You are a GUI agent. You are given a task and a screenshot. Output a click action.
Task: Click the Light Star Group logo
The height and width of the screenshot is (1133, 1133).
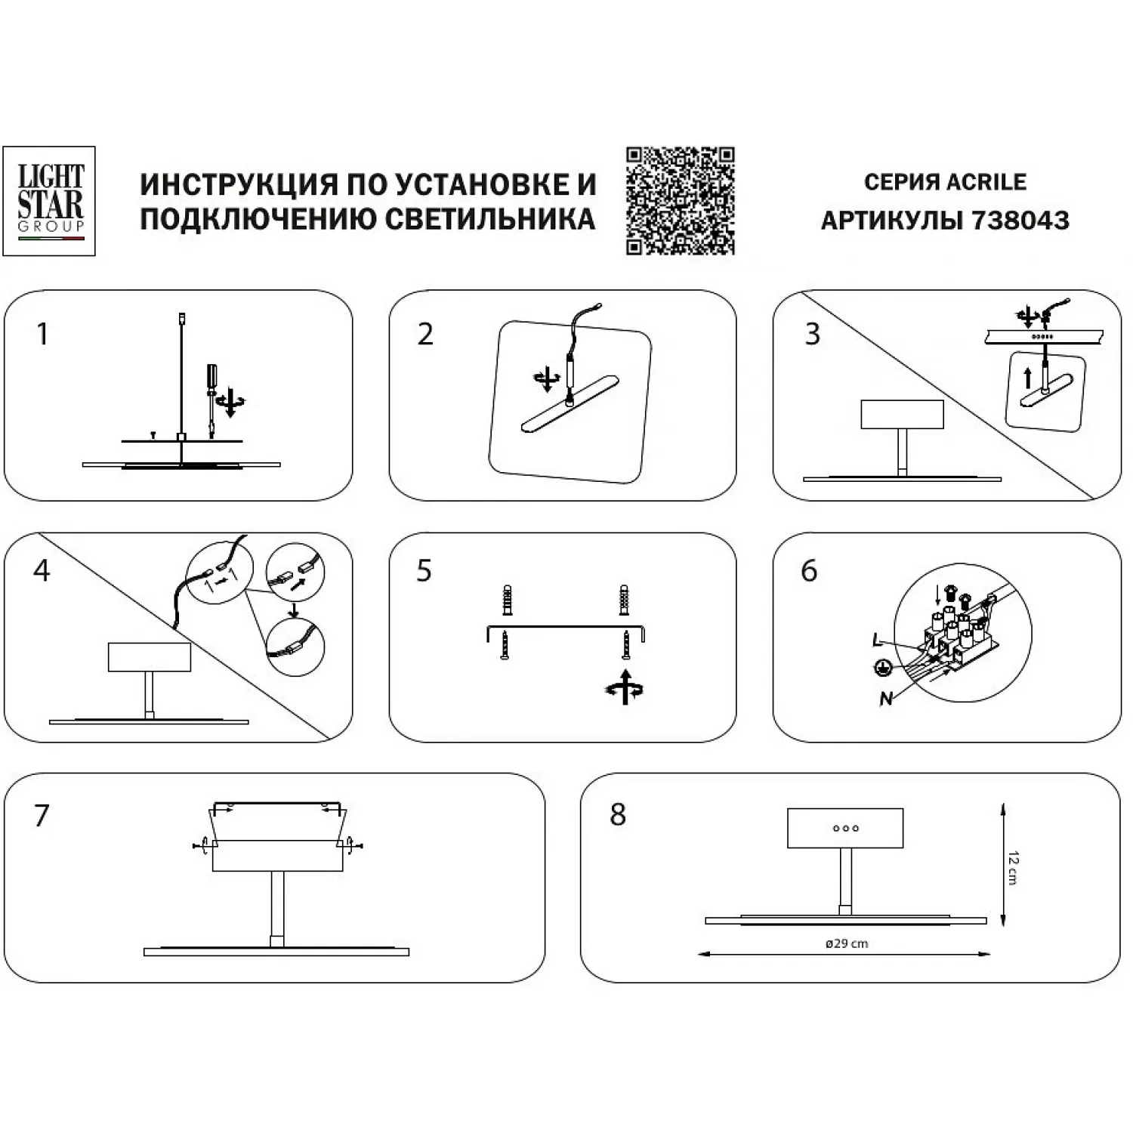point(49,201)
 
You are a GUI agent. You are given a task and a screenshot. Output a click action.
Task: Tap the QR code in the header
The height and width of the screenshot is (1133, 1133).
point(680,201)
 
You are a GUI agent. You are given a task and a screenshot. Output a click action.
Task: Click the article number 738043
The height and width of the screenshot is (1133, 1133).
point(1020,221)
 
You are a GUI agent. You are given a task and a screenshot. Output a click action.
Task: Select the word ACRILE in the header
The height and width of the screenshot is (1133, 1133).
point(986,182)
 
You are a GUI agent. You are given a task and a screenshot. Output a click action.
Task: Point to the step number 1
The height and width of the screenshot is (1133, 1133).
point(43,334)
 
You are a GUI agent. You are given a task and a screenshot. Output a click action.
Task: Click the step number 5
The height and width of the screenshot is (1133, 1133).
point(424,571)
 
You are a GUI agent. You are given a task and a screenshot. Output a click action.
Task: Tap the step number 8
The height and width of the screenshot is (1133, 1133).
point(618,815)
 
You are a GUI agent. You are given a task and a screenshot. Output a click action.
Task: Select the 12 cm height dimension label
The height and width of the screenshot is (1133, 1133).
point(1013,868)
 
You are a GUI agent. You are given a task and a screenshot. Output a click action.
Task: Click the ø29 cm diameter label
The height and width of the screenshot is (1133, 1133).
point(847,943)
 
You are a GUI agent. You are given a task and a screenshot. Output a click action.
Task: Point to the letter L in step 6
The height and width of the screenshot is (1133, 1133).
point(877,641)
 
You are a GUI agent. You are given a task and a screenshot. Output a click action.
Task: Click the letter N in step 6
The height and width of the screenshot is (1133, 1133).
point(886,699)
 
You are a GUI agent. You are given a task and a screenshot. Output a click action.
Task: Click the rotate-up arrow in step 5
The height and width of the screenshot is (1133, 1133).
point(625,687)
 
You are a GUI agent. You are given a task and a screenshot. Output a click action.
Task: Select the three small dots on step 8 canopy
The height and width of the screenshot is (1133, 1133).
point(846,829)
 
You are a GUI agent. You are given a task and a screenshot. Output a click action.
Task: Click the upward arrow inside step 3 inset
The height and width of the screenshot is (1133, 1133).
point(1027,378)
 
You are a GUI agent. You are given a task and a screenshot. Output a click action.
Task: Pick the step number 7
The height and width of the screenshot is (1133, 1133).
point(42,816)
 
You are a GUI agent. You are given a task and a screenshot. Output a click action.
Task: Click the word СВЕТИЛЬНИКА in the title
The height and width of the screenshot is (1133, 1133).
point(490,219)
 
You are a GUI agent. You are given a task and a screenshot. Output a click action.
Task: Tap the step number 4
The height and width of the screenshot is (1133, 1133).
point(42,571)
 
